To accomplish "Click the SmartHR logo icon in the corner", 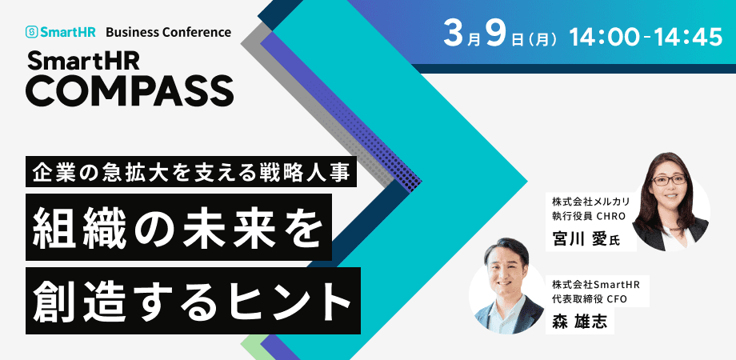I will (x=32, y=33).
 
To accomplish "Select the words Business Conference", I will (x=168, y=33).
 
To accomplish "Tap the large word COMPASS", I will (x=130, y=90).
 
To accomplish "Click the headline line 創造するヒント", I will (x=193, y=300).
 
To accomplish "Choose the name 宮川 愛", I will (x=582, y=238).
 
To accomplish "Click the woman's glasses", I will (x=669, y=179).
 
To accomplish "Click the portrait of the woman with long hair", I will (x=670, y=200).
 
